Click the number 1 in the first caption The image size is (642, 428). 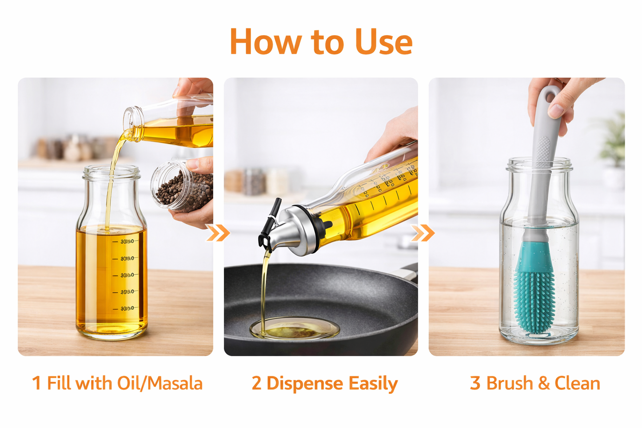(x=36, y=383)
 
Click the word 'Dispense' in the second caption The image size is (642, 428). (x=305, y=384)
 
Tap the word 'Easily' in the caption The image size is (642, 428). (x=373, y=384)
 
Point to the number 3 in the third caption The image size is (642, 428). (x=475, y=383)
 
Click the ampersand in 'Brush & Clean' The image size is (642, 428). (x=543, y=383)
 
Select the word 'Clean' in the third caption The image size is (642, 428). (x=577, y=383)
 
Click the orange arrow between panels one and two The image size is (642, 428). (x=218, y=232)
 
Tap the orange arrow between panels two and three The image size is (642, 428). (x=423, y=232)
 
